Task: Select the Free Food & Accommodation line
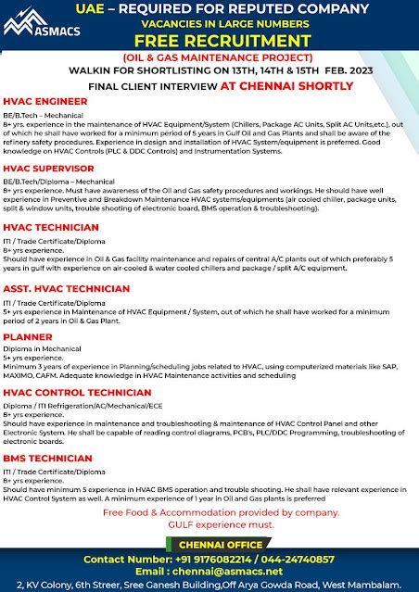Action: (x=209, y=512)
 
